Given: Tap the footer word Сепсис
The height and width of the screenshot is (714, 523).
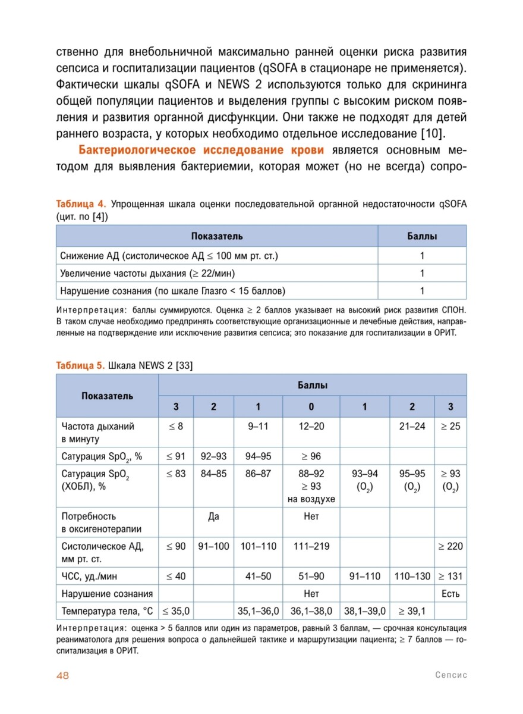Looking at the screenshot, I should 450,675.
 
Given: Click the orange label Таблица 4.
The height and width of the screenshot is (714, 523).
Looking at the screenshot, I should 81,205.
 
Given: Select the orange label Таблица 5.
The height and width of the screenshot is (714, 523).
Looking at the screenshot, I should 81,365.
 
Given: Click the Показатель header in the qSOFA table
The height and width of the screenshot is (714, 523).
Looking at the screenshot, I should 217,236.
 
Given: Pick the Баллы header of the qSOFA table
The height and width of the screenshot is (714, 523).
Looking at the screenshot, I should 422,236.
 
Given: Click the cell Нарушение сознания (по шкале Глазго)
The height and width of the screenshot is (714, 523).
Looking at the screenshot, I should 173,291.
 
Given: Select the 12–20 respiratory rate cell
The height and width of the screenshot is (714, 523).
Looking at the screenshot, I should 311,426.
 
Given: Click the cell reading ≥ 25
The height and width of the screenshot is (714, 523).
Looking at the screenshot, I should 450,426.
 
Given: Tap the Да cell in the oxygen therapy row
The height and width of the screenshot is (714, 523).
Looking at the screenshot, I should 213,516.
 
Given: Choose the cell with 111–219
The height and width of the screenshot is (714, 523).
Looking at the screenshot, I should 311,546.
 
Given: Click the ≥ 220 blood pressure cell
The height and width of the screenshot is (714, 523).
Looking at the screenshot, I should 450,546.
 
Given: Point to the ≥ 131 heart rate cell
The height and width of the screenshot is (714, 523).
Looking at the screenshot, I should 450,576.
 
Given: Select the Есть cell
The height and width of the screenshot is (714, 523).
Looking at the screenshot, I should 450,593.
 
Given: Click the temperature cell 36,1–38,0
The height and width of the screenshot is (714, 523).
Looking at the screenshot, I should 311,610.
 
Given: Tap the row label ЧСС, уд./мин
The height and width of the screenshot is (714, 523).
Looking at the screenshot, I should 92,576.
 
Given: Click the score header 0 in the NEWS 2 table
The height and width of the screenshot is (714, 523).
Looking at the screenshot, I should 311,407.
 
